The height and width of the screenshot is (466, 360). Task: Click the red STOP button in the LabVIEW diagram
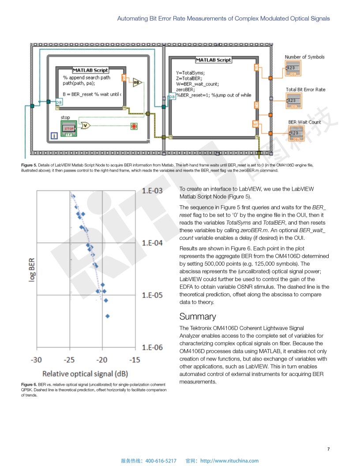click(68, 128)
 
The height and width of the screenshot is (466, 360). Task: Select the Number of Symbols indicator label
click(304, 57)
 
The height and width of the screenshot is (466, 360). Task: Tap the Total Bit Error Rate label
click(305, 90)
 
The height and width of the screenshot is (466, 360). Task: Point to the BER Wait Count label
click(304, 122)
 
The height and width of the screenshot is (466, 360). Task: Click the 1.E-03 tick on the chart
click(152, 191)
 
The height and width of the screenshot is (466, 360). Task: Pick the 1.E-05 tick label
click(152, 295)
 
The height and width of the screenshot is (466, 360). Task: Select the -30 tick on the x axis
click(36, 360)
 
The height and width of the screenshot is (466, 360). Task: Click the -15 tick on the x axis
click(135, 360)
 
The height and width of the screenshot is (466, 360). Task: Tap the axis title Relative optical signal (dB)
click(85, 374)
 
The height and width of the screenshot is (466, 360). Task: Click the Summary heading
click(198, 316)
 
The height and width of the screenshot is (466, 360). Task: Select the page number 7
click(328, 449)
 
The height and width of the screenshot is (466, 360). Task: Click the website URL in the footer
click(229, 461)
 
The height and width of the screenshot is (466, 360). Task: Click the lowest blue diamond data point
click(107, 316)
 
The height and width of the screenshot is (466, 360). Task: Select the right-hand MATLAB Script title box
click(214, 60)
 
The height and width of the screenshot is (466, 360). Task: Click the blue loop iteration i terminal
click(54, 136)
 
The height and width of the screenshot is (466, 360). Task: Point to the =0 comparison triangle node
click(137, 83)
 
